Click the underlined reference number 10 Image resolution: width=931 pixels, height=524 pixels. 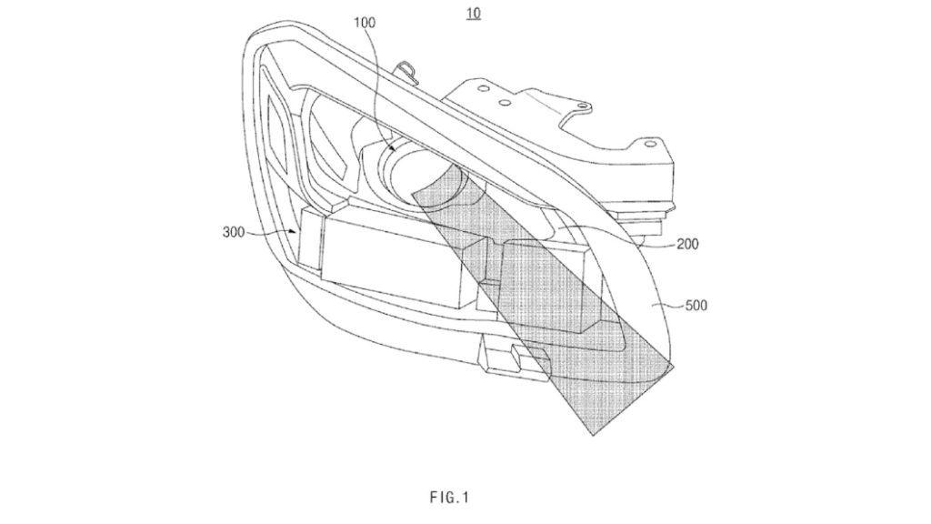coord(474,13)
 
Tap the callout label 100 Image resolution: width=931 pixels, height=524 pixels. coord(365,23)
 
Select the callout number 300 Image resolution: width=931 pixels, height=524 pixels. coord(234,232)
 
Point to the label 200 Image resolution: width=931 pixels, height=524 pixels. coord(687,244)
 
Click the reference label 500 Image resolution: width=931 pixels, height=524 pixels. coord(696,306)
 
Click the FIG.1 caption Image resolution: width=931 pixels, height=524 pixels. coord(449,498)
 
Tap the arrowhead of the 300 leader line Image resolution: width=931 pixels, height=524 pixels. coord(295,231)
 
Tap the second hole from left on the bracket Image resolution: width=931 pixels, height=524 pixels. coord(505,102)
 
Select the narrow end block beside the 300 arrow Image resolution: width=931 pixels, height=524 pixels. coord(310,239)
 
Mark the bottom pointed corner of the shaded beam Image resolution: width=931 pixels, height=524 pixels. coord(593,436)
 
